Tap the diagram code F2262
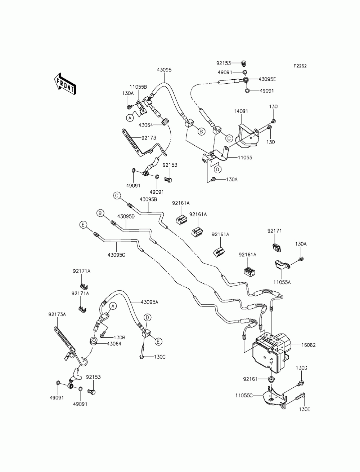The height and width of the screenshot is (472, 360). (300, 66)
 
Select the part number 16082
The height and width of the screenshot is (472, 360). (309, 345)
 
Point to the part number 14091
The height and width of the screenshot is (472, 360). (242, 112)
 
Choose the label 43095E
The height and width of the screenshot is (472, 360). (267, 79)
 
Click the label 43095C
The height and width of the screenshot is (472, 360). (116, 255)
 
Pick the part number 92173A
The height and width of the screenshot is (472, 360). (57, 314)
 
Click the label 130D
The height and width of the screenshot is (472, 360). (302, 368)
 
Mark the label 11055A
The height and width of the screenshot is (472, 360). (282, 283)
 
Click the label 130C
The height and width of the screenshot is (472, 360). (159, 357)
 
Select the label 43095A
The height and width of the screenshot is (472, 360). (150, 302)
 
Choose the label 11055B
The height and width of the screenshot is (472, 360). (138, 87)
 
